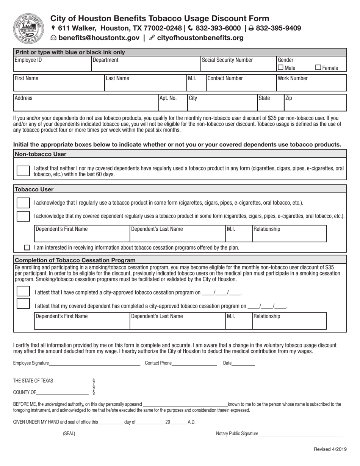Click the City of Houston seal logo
coord(28,28)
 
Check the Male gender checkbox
coord(280,68)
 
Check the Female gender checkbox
coord(318,68)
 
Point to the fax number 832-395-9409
coord(278,28)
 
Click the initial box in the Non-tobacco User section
coord(23,171)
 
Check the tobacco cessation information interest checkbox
coord(27,248)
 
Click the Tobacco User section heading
coord(34,189)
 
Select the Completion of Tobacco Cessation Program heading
coord(75,260)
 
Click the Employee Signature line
coord(94,363)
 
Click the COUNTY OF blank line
coord(63,392)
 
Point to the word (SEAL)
coord(69,434)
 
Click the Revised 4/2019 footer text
coord(330,449)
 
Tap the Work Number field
coord(311,84)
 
